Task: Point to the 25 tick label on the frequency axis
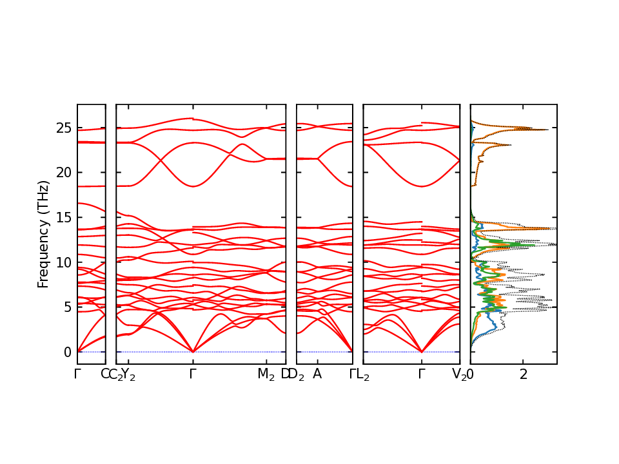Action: [63, 128]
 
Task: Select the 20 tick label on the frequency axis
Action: [63, 172]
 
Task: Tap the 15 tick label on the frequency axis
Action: [63, 217]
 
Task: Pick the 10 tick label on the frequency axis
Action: [63, 262]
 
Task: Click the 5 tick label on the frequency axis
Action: [66, 307]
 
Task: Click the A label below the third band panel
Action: [317, 374]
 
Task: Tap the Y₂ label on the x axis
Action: [128, 374]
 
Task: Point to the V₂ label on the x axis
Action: [459, 374]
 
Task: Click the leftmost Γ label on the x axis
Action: [77, 374]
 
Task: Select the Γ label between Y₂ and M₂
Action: [193, 374]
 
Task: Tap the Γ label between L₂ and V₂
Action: [422, 374]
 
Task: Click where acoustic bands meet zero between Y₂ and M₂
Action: [193, 351]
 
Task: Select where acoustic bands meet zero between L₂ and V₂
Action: [422, 351]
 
